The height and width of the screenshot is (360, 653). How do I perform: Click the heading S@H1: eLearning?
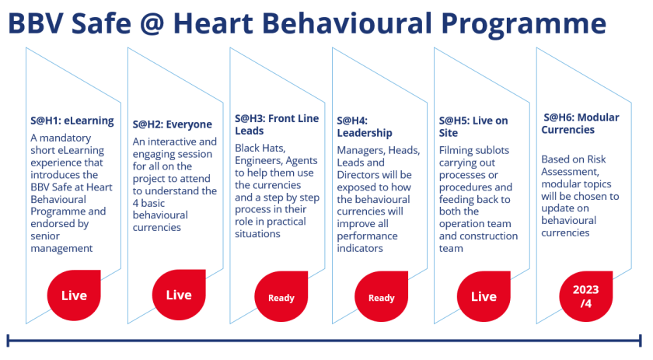(72, 121)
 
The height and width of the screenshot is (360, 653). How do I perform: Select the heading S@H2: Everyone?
(172, 124)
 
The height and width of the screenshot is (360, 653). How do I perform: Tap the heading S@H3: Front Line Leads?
(277, 124)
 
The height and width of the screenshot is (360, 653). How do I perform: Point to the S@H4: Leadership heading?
(365, 127)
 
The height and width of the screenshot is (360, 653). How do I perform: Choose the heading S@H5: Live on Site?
(473, 127)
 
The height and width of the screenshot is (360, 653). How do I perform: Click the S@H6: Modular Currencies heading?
(580, 124)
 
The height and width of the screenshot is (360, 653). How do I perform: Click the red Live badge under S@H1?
(74, 295)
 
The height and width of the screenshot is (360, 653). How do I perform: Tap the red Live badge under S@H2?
(178, 295)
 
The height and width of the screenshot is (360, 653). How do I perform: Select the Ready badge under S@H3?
(281, 298)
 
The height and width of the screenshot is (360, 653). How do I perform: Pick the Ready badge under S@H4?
(381, 298)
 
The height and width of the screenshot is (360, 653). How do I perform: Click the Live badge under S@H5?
(484, 296)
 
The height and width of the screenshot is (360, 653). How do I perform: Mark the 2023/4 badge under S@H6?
(585, 295)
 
